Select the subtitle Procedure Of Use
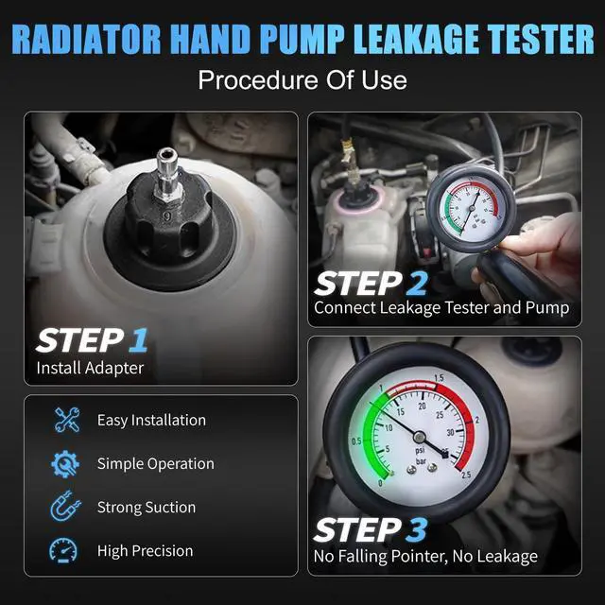click(302, 79)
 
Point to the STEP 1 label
click(93, 339)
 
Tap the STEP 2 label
click(371, 283)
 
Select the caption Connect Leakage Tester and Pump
click(441, 307)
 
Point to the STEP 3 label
click(372, 530)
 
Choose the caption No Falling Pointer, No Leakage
click(425, 557)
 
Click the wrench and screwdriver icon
click(67, 420)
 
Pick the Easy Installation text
click(151, 420)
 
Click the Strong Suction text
click(146, 508)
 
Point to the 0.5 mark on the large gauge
click(354, 441)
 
